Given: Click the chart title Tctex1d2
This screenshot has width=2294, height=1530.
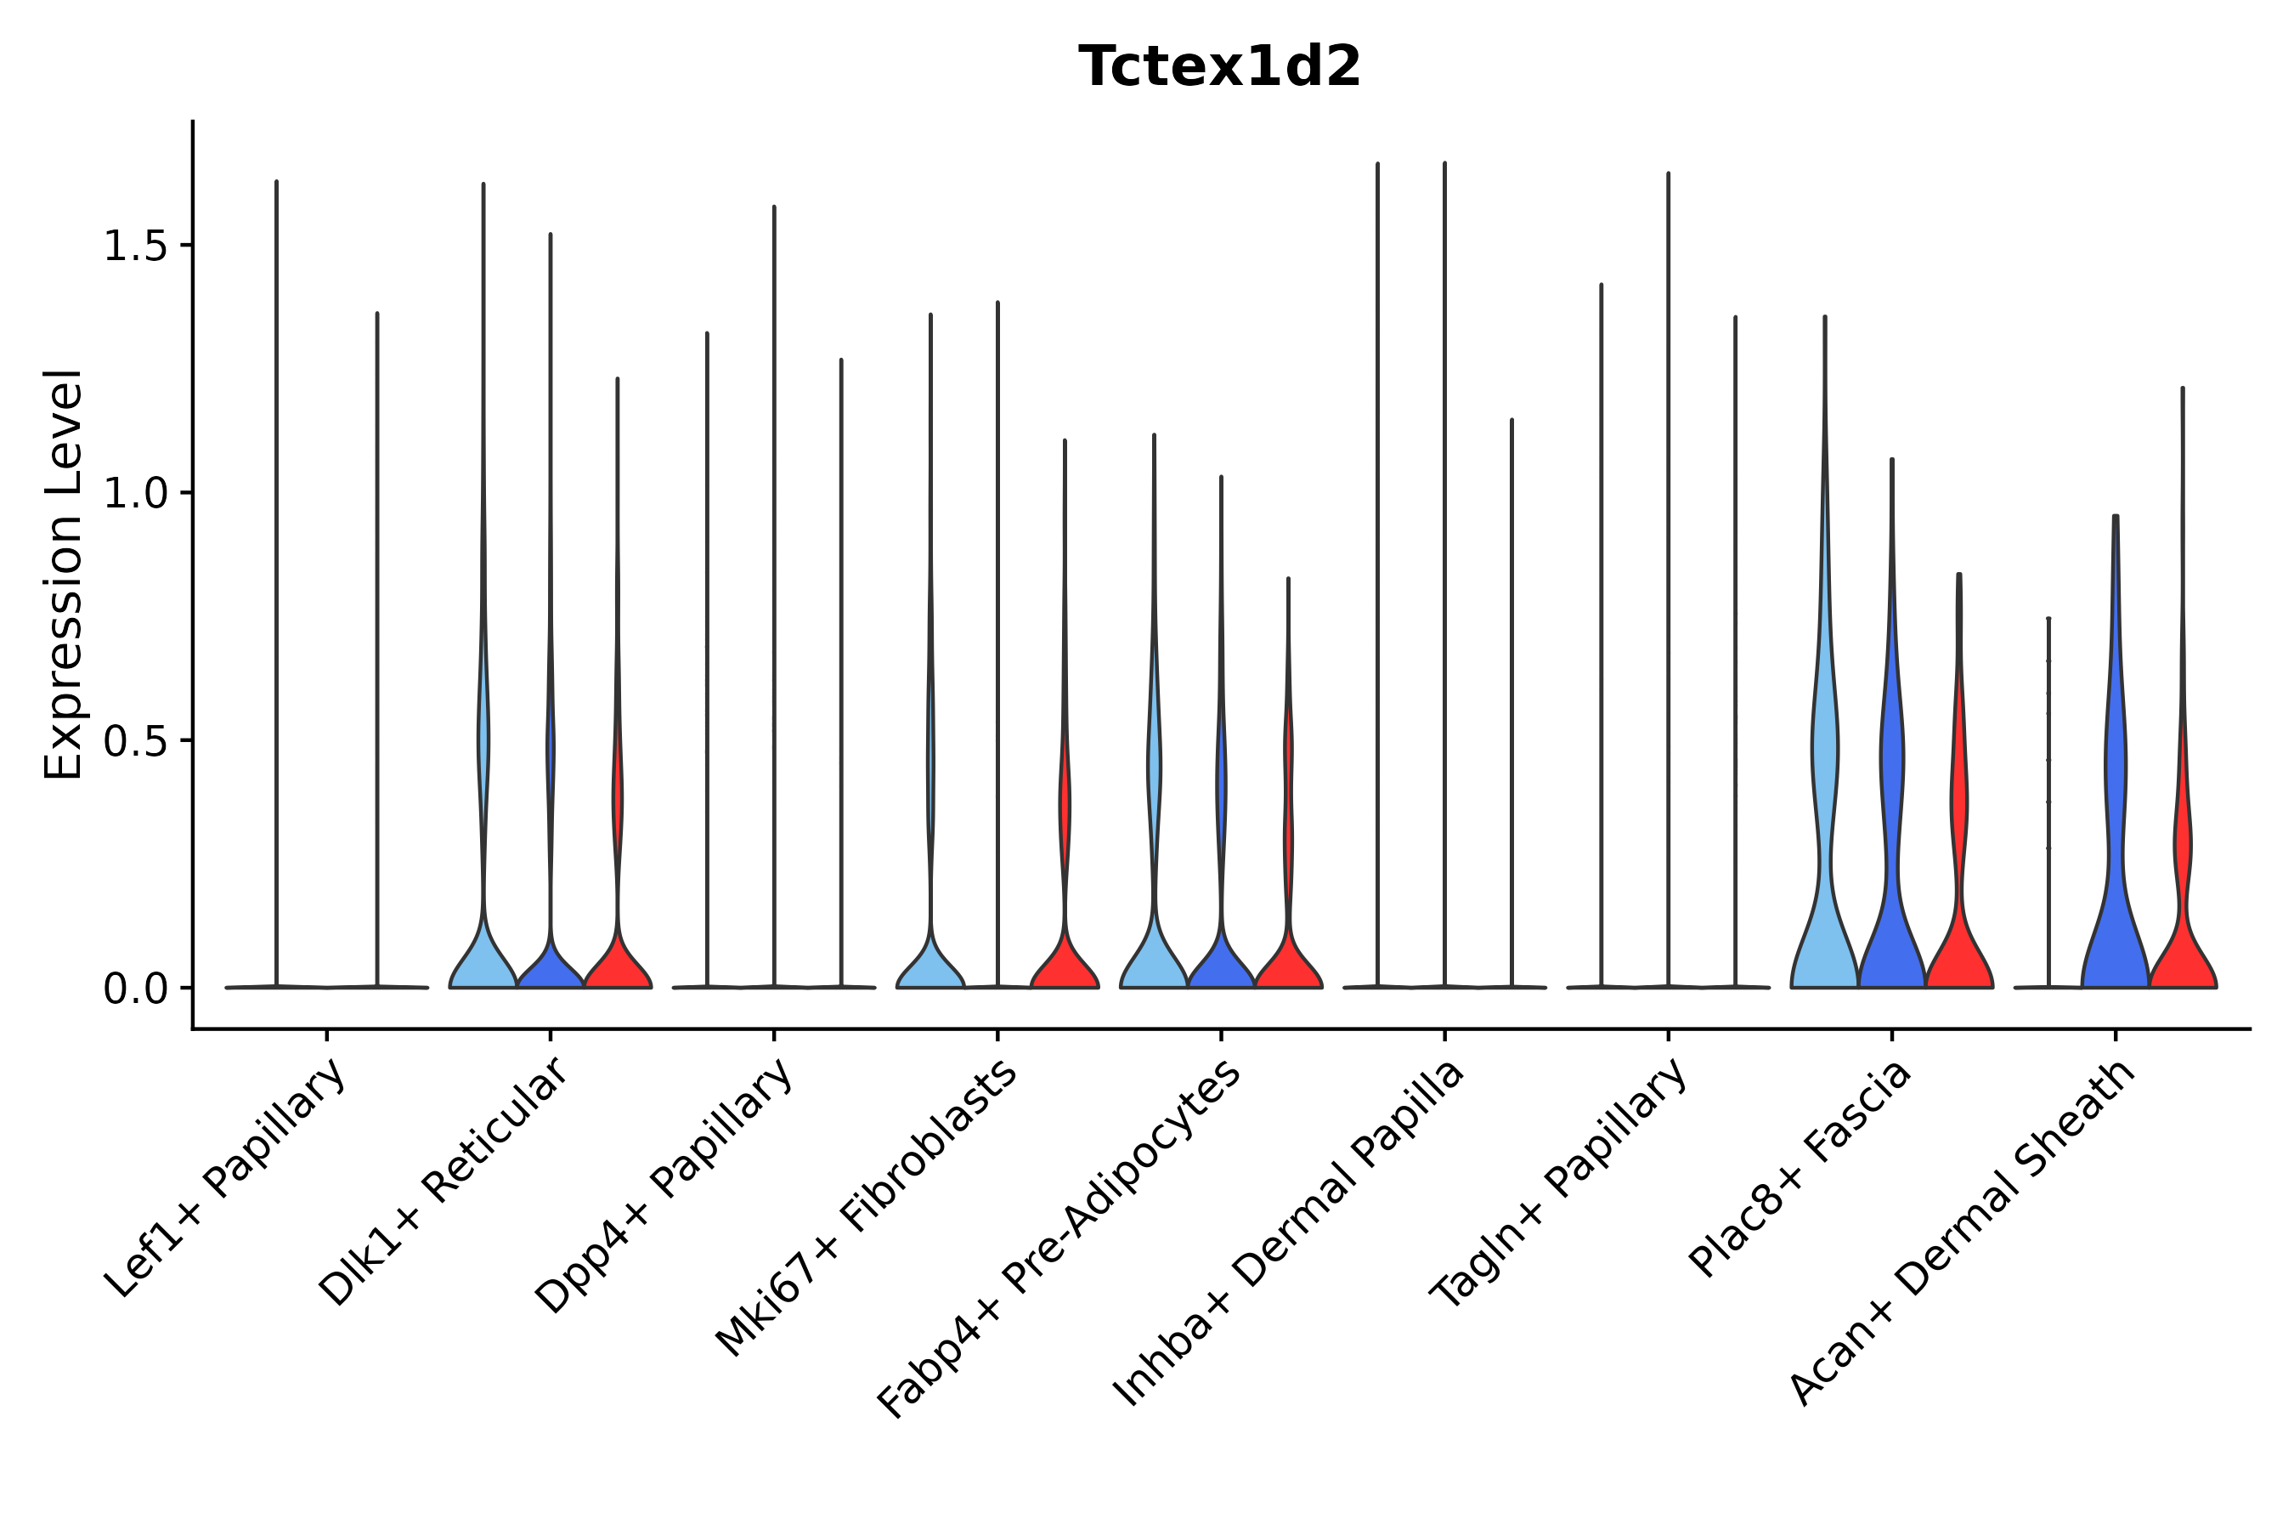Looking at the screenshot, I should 1219,67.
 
